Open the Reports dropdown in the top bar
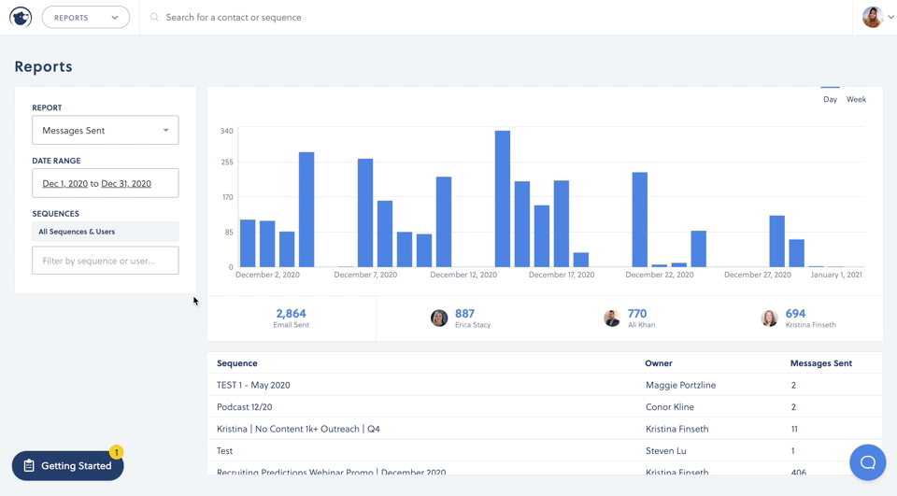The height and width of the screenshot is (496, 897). pos(85,18)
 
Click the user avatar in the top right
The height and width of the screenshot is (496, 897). pos(872,17)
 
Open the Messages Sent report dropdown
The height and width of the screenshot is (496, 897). pos(105,131)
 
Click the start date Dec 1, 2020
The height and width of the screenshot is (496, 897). pos(64,184)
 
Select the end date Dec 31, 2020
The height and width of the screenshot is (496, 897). pos(126,184)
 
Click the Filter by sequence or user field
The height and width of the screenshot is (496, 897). pos(105,261)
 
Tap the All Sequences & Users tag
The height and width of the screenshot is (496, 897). pos(77,232)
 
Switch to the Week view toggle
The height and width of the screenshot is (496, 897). pos(856,99)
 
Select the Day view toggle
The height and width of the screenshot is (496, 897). pos(830,99)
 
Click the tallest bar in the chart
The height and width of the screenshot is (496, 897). pos(503,199)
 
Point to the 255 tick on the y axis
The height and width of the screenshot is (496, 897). pos(226,163)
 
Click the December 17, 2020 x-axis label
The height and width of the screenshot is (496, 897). pos(561,275)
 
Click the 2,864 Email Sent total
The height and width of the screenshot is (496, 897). pos(291,314)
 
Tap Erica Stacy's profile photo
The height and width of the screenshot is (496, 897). pos(439,319)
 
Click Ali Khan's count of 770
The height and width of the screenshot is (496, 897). pos(637,314)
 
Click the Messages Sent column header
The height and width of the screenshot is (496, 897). pos(820,363)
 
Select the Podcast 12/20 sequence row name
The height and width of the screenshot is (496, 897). pos(245,407)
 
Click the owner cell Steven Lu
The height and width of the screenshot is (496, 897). pos(665,450)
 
